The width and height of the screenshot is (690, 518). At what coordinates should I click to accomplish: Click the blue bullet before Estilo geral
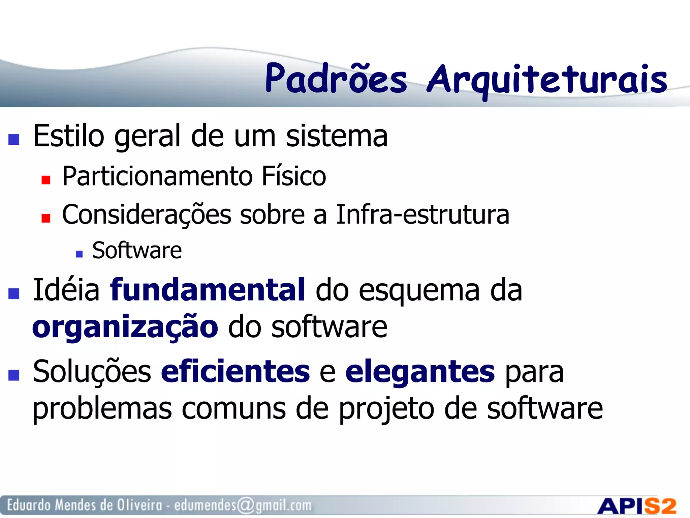14,139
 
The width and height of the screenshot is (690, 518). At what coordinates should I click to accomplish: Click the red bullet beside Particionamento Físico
46,180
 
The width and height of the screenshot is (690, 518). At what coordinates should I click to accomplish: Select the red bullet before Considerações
46,218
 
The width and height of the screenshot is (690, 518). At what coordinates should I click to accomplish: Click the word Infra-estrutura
422,214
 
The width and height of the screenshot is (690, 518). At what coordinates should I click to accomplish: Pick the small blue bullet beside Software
79,254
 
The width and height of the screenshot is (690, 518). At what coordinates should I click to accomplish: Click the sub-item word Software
137,251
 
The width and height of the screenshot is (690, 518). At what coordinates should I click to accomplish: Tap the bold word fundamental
208,290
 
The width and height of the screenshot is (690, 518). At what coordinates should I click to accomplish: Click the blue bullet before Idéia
14,293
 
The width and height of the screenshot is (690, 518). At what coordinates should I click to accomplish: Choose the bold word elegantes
420,372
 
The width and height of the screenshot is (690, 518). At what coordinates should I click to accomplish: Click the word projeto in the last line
386,409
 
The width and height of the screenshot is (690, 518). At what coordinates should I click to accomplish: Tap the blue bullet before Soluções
14,375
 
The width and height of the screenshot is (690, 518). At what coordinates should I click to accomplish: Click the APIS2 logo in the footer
637,506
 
